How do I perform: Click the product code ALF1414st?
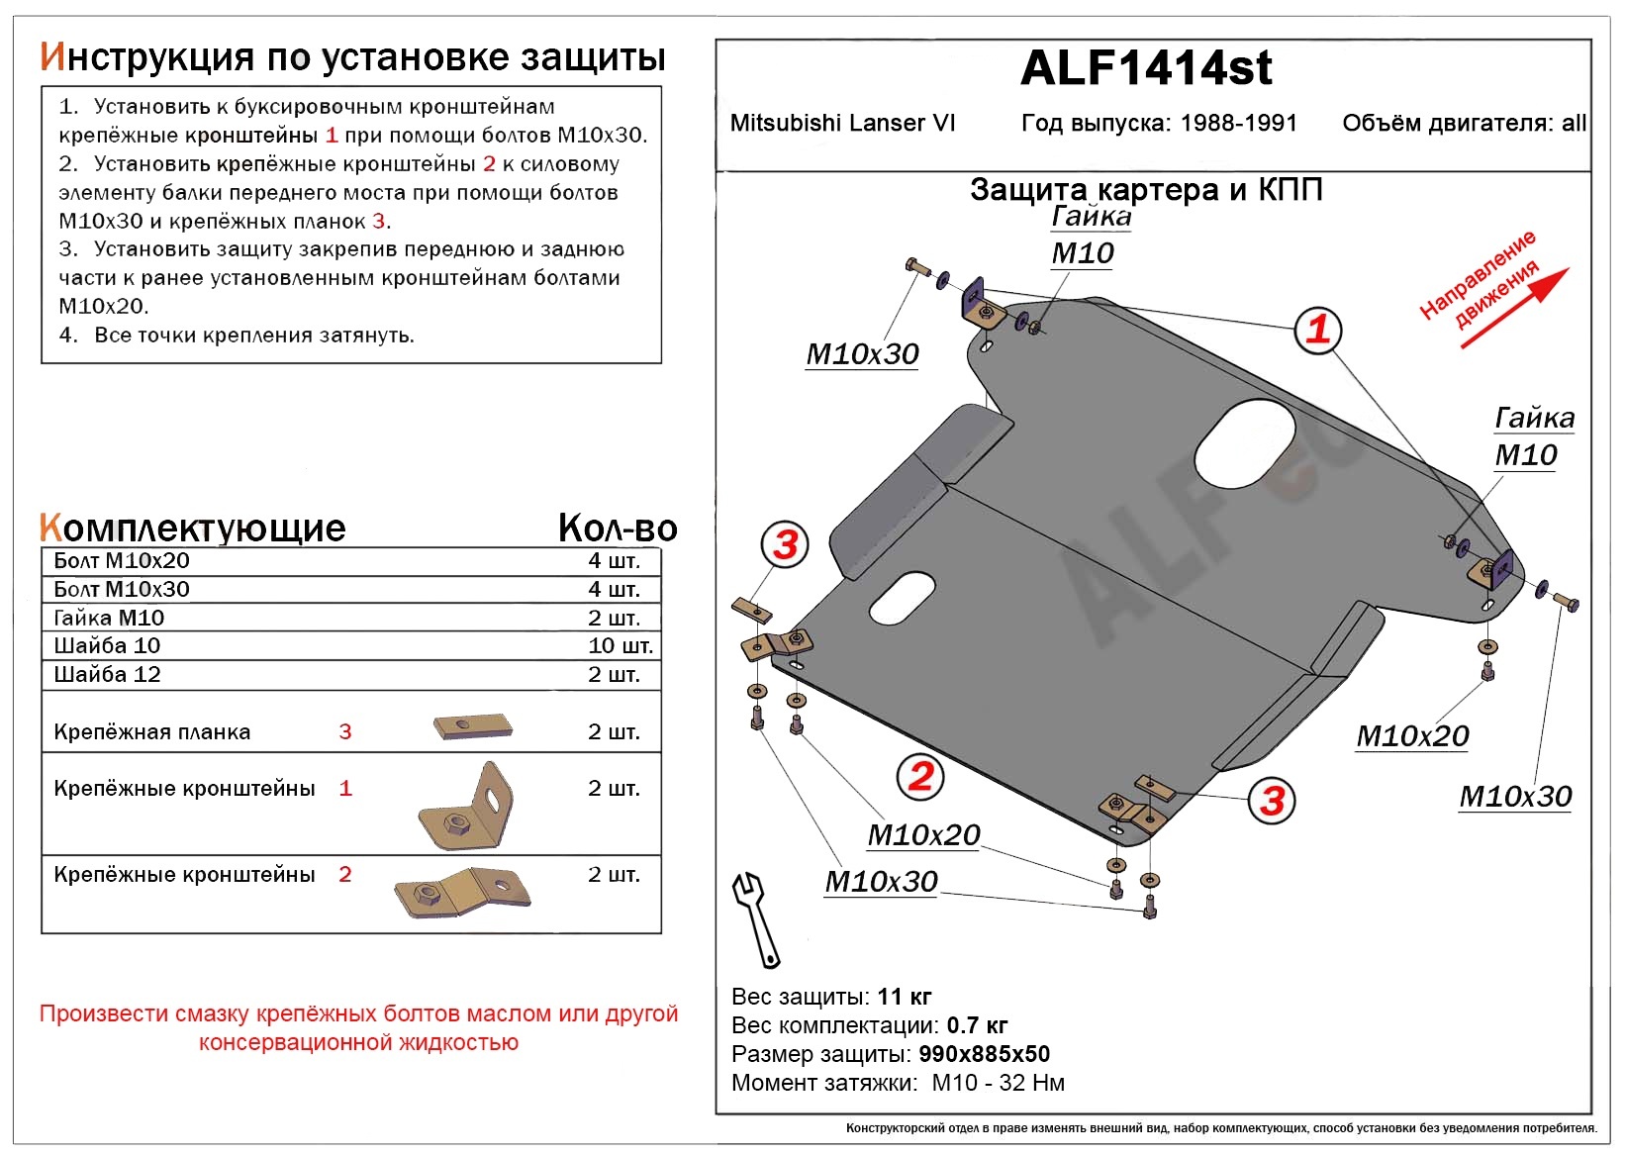1145,68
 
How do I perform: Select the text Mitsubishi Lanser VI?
842,123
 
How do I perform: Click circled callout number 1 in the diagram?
1317,329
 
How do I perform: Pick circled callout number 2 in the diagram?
920,776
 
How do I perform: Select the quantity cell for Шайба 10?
620,646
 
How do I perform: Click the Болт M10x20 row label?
122,560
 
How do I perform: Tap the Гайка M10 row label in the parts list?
109,618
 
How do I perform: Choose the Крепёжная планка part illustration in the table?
472,727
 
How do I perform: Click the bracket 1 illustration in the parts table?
465,808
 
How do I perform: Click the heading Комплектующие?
193,528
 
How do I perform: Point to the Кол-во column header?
618,528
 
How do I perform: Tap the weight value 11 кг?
904,997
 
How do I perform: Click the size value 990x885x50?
984,1054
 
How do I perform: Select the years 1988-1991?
1238,123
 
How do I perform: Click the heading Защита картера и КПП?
1146,189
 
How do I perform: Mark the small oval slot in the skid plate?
902,598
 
